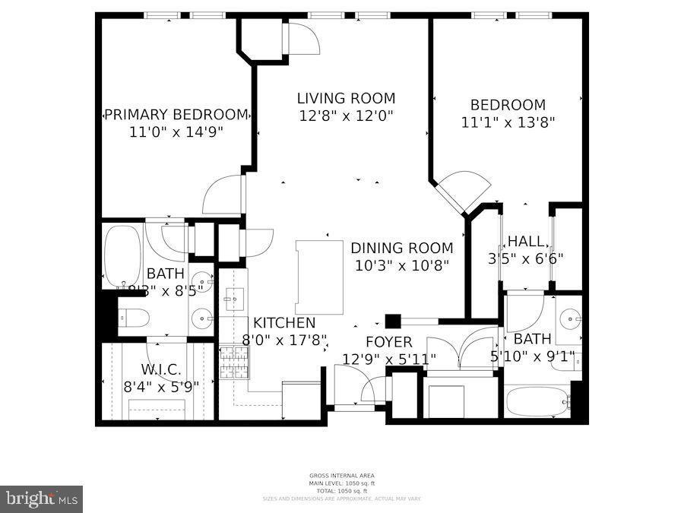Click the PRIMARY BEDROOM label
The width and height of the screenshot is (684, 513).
point(176,115)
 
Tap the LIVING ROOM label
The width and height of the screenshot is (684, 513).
point(346,98)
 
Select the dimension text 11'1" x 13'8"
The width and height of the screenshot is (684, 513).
point(508,122)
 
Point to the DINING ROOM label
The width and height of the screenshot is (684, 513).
point(401,248)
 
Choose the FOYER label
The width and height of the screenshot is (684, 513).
point(388,342)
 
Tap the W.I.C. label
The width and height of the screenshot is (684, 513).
point(161,369)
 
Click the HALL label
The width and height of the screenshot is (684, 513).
point(526,241)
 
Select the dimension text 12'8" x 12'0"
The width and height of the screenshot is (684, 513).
point(346,116)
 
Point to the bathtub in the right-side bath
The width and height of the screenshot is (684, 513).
point(537,401)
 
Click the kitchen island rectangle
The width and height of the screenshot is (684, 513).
point(319,277)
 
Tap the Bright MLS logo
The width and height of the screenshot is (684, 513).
point(41,499)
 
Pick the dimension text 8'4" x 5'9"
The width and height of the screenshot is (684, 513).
point(161,386)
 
